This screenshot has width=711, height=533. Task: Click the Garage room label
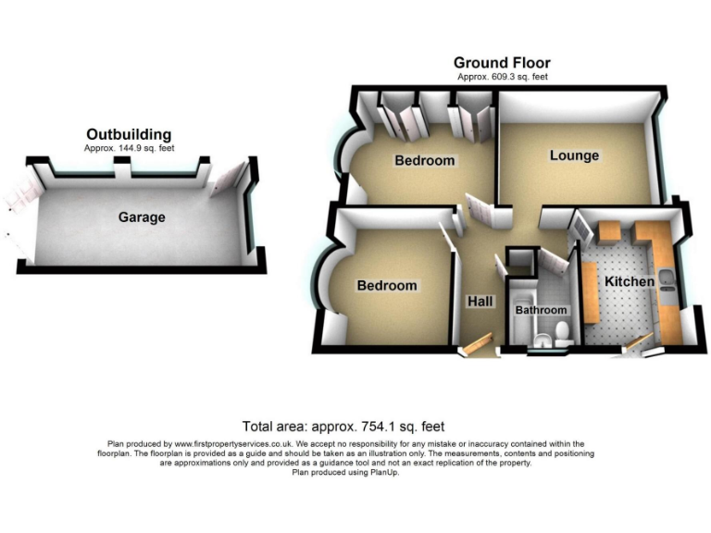click(142, 217)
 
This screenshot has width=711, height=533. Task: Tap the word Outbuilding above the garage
click(129, 134)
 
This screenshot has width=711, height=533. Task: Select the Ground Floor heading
click(502, 63)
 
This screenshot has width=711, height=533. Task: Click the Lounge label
click(574, 155)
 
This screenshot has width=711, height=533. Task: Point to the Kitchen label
click(630, 281)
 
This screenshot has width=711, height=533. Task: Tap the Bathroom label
click(542, 310)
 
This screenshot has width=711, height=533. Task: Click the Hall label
click(480, 302)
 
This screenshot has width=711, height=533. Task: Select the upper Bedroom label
click(425, 161)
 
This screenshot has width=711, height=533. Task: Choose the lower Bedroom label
click(387, 286)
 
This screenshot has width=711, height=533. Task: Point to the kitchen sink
click(668, 294)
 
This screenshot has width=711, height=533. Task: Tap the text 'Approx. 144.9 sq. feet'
click(129, 148)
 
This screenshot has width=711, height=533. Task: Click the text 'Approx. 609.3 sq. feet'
click(502, 77)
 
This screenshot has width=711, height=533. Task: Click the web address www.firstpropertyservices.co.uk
click(241, 444)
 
